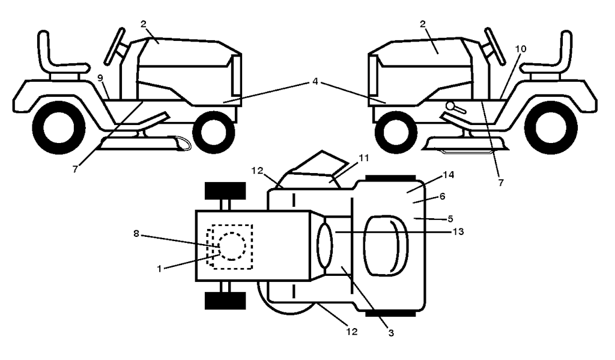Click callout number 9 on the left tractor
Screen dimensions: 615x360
pyautogui.click(x=100, y=78)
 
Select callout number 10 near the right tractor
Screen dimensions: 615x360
pyautogui.click(x=521, y=49)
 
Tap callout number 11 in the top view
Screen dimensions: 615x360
pyautogui.click(x=363, y=158)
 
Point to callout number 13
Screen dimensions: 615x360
pyautogui.click(x=458, y=231)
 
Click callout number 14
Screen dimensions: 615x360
pyautogui.click(x=448, y=175)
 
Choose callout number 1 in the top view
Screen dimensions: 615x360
pyautogui.click(x=159, y=269)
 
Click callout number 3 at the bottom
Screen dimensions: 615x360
pyautogui.click(x=390, y=333)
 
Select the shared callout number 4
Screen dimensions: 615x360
pyautogui.click(x=315, y=82)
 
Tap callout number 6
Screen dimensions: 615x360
pyautogui.click(x=443, y=196)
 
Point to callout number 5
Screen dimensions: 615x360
pyautogui.click(x=450, y=219)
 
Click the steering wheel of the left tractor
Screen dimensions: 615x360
pyautogui.click(x=115, y=46)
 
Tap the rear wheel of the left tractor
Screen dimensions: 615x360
pyautogui.click(x=58, y=128)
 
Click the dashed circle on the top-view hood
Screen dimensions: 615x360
pyautogui.click(x=232, y=246)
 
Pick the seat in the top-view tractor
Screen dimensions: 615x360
pyautogui.click(x=386, y=245)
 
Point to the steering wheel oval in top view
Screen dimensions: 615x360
pyautogui.click(x=325, y=246)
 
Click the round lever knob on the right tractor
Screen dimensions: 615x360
pyautogui.click(x=450, y=106)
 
